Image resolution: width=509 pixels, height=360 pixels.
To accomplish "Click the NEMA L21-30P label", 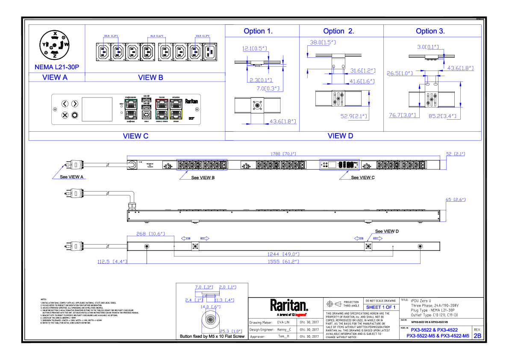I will (57, 67).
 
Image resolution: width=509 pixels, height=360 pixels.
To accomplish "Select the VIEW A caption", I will (55, 77).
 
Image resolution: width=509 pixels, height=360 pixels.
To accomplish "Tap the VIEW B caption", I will (150, 77).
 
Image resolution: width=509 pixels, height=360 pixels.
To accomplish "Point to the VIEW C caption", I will (135, 136).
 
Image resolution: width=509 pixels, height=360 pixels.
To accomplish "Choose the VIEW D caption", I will (340, 136).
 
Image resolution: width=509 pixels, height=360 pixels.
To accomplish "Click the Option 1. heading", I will (258, 32).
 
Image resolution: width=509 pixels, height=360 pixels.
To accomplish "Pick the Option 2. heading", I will (338, 32).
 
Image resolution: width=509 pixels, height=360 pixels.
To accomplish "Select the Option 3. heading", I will (430, 32).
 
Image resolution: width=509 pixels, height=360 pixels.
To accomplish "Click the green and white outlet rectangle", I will (131, 109).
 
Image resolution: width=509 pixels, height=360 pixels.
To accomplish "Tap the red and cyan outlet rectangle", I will (162, 109).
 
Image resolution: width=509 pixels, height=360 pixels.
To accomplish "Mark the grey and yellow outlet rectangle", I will (176, 109).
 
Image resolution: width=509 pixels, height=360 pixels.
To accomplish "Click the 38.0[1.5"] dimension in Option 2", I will (323, 42).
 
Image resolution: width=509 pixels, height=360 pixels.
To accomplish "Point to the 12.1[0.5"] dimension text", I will (255, 48).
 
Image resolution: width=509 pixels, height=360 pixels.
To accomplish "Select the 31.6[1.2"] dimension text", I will (362, 71).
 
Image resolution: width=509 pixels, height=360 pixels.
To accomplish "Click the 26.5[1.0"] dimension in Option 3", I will (400, 73).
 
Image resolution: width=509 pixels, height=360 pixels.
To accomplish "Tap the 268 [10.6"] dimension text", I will (150, 234).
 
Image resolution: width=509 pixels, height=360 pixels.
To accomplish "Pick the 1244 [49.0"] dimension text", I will (283, 254).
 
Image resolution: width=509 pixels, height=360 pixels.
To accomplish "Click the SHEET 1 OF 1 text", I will (381, 307).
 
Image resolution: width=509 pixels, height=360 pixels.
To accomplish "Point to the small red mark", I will (300, 315).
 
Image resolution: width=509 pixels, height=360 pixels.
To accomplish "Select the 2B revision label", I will (477, 336).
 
